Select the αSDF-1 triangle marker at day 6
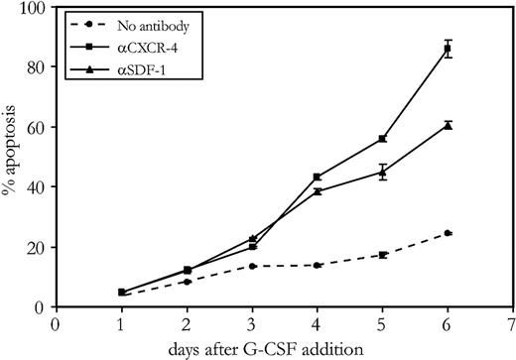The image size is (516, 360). click(x=448, y=125)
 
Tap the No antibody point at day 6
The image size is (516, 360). click(x=448, y=233)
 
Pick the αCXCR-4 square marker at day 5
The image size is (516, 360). click(x=382, y=139)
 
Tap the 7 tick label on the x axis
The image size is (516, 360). click(x=513, y=322)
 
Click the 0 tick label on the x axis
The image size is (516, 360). click(x=56, y=322)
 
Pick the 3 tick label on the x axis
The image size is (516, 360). click(x=251, y=322)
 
